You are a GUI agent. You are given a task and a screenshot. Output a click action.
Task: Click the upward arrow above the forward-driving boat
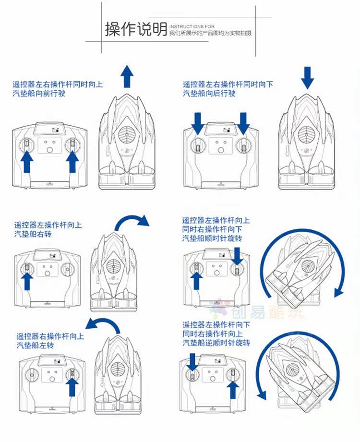127,76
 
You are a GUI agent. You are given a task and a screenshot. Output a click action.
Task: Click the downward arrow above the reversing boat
307,77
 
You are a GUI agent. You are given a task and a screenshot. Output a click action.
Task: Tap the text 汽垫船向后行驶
209,94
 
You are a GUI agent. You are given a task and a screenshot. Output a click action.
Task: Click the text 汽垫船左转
36,345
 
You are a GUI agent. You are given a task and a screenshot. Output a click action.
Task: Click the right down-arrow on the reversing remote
244,123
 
